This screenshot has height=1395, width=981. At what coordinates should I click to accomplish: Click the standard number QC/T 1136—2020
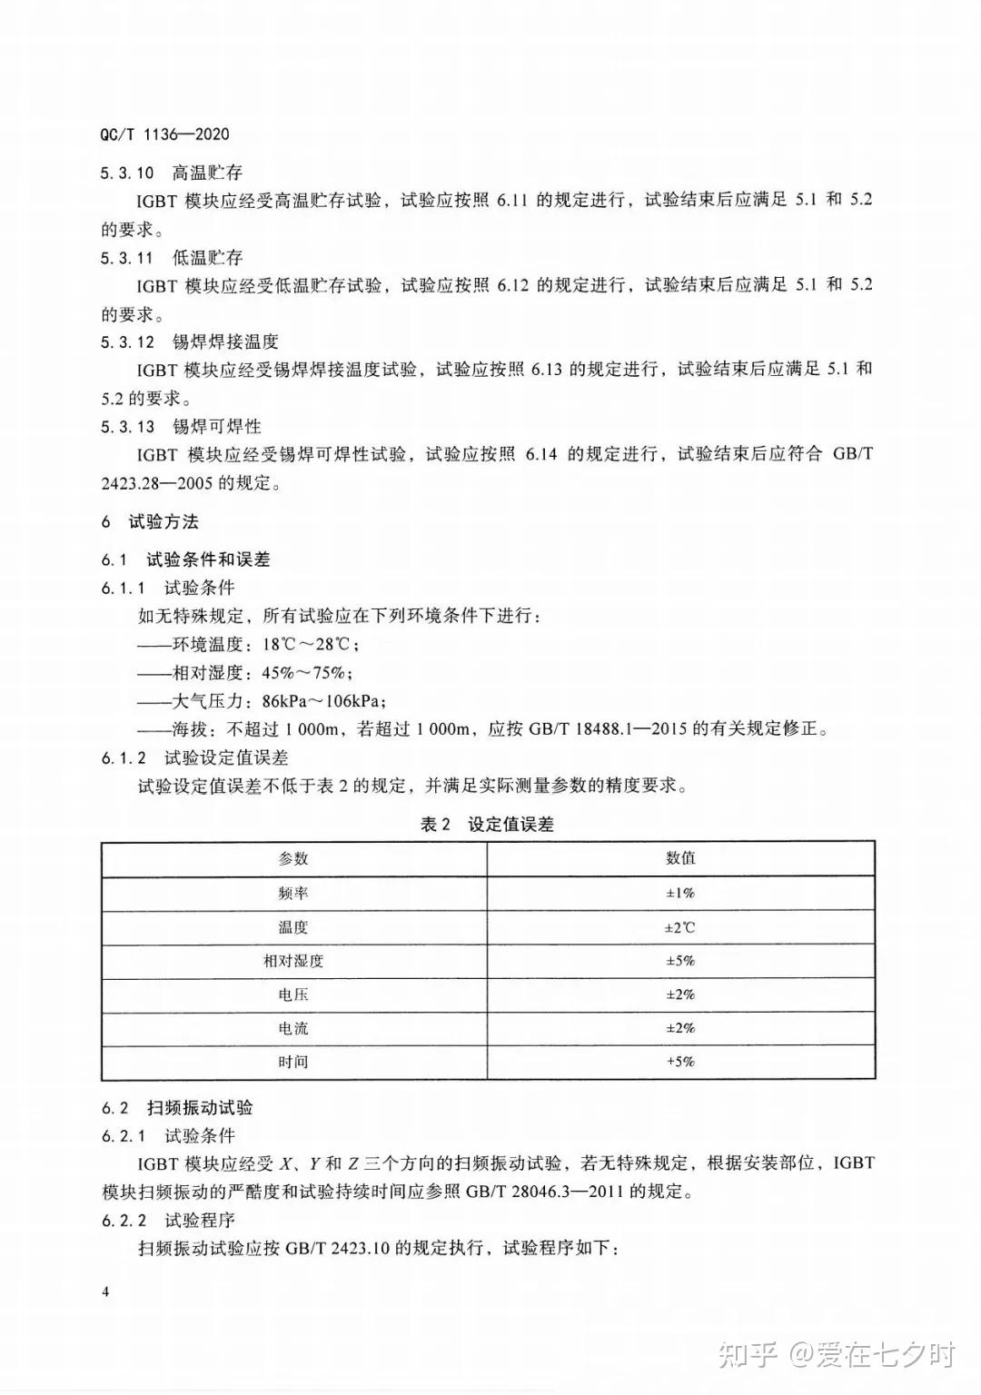pyautogui.click(x=164, y=134)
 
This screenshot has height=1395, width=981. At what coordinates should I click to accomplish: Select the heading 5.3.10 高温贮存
pyautogui.click(x=172, y=173)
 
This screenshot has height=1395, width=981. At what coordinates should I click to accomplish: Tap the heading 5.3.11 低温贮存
pyautogui.click(x=172, y=257)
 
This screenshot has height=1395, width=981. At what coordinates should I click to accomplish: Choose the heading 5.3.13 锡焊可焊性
pyautogui.click(x=181, y=426)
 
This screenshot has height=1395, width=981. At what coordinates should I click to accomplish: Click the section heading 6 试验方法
pyautogui.click(x=150, y=521)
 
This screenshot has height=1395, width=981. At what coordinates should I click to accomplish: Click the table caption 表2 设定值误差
pyautogui.click(x=487, y=824)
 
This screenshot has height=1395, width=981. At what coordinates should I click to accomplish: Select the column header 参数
pyautogui.click(x=293, y=858)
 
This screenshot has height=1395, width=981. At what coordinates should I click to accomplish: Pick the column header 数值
pyautogui.click(x=680, y=858)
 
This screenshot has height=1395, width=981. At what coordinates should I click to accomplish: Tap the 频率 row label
pyautogui.click(x=293, y=893)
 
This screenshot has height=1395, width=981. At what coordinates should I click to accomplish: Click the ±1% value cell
pyautogui.click(x=680, y=893)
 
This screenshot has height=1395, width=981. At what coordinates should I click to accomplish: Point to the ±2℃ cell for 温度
pyautogui.click(x=680, y=927)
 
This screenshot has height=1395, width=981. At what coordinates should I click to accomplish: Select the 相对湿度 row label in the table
pyautogui.click(x=293, y=961)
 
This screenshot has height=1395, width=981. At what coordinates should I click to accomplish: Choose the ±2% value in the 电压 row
pyautogui.click(x=680, y=994)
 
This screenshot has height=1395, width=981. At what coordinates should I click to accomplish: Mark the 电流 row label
pyautogui.click(x=293, y=1028)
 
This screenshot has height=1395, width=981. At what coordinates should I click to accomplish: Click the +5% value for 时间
pyautogui.click(x=680, y=1062)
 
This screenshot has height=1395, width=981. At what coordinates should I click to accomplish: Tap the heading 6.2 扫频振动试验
pyautogui.click(x=177, y=1108)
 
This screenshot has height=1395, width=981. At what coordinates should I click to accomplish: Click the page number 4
pyautogui.click(x=106, y=1292)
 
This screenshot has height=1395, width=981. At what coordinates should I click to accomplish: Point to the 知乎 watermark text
pyautogui.click(x=748, y=1355)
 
